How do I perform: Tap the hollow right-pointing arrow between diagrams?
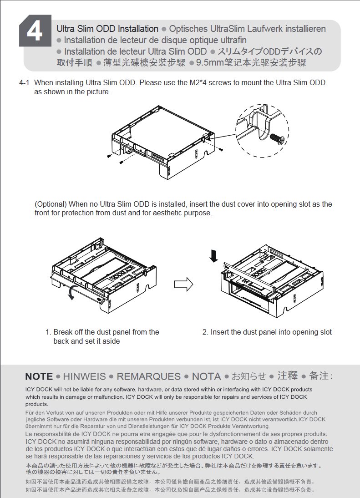coord(183,285)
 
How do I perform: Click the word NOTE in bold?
coord(39,376)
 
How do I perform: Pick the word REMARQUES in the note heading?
coord(148,376)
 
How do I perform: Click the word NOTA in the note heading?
coord(206,376)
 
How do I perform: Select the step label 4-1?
coord(24,83)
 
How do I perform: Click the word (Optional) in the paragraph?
coord(51,204)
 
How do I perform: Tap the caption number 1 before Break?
coord(47,332)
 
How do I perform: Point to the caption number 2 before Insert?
coord(205,332)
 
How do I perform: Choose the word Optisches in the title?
coord(188,29)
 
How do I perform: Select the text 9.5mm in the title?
coord(208,63)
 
